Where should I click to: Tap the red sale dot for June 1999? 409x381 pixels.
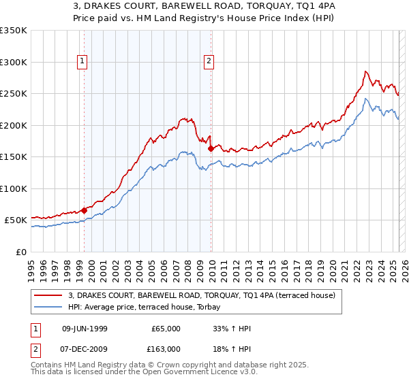pyautogui.click(x=85, y=211)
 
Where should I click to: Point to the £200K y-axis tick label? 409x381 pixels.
pyautogui.click(x=14, y=125)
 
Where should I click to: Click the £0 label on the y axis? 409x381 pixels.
pyautogui.click(x=22, y=252)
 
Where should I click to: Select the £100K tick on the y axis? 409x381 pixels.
pyautogui.click(x=14, y=189)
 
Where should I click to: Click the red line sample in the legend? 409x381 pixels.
pyautogui.click(x=48, y=296)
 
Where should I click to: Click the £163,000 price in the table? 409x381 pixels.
pyautogui.click(x=166, y=348)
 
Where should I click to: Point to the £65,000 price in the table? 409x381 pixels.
pyautogui.click(x=166, y=329)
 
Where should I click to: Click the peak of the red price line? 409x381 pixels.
pyautogui.click(x=366, y=71)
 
